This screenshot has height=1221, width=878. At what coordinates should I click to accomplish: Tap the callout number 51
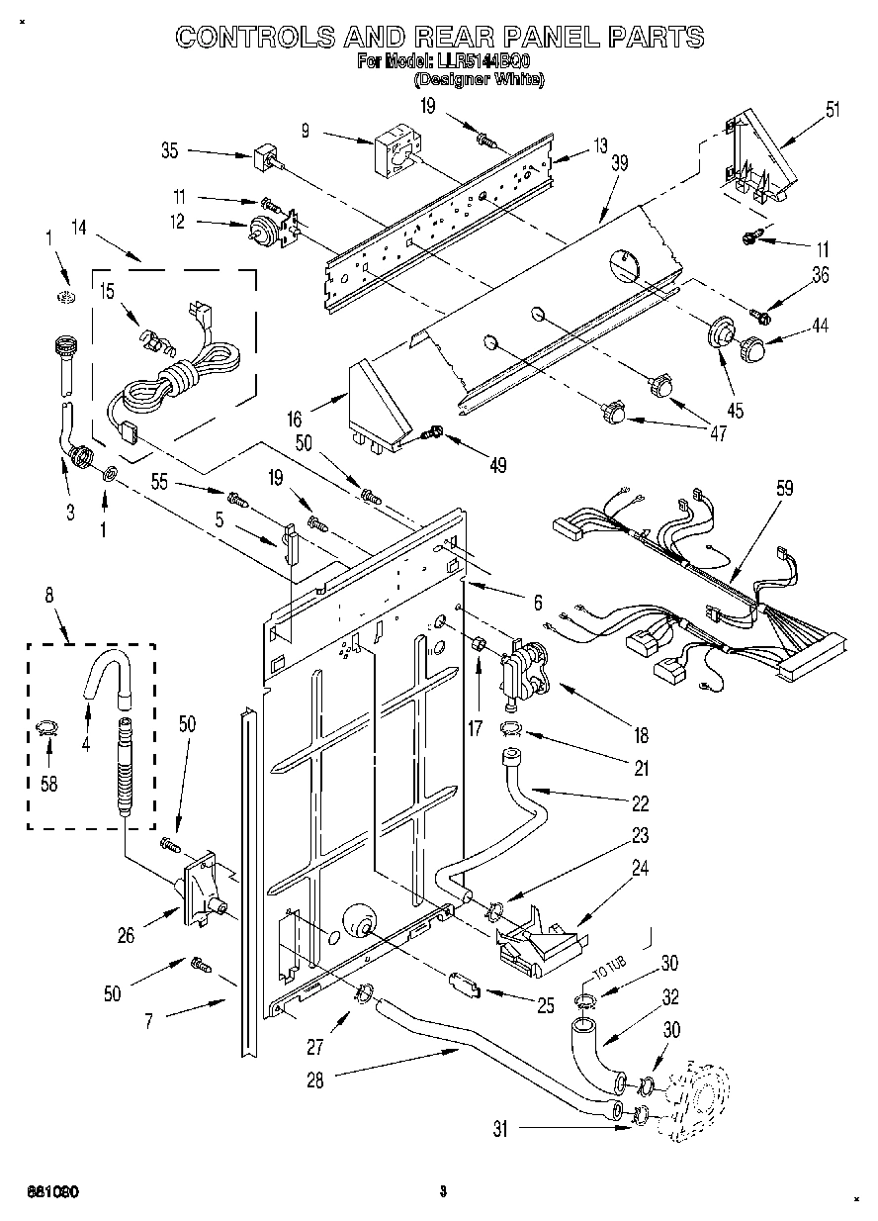[833, 109]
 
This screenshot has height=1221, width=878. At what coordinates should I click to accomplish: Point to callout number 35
[169, 151]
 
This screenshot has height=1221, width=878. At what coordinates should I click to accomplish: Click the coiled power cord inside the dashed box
[188, 382]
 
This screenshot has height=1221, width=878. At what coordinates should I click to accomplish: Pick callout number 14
[78, 229]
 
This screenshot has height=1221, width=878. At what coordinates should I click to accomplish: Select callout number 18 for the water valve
[641, 735]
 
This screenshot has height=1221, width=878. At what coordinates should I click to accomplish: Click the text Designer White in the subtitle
[479, 80]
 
